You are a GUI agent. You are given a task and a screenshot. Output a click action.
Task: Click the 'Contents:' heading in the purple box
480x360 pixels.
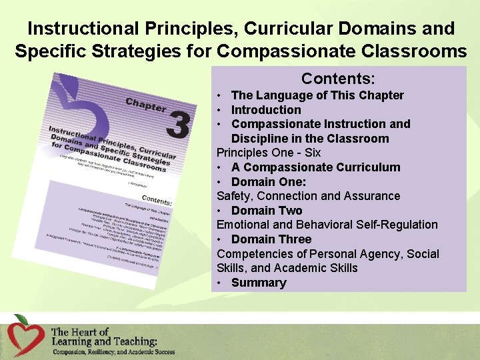338,79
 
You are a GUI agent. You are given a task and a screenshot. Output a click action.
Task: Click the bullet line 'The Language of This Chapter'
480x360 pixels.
317,95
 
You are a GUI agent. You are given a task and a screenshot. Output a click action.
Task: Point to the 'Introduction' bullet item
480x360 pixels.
266,110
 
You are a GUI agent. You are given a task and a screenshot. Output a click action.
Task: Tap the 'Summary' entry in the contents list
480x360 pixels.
259,283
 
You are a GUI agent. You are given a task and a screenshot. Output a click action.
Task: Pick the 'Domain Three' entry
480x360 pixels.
271,239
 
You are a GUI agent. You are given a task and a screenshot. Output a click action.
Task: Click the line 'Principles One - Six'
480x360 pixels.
269,153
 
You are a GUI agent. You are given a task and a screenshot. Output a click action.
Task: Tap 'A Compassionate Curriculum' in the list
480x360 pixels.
315,167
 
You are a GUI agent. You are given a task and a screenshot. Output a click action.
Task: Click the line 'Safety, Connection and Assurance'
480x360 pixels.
308,196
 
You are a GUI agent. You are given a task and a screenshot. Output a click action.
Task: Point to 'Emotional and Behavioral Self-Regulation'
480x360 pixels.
327,225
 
